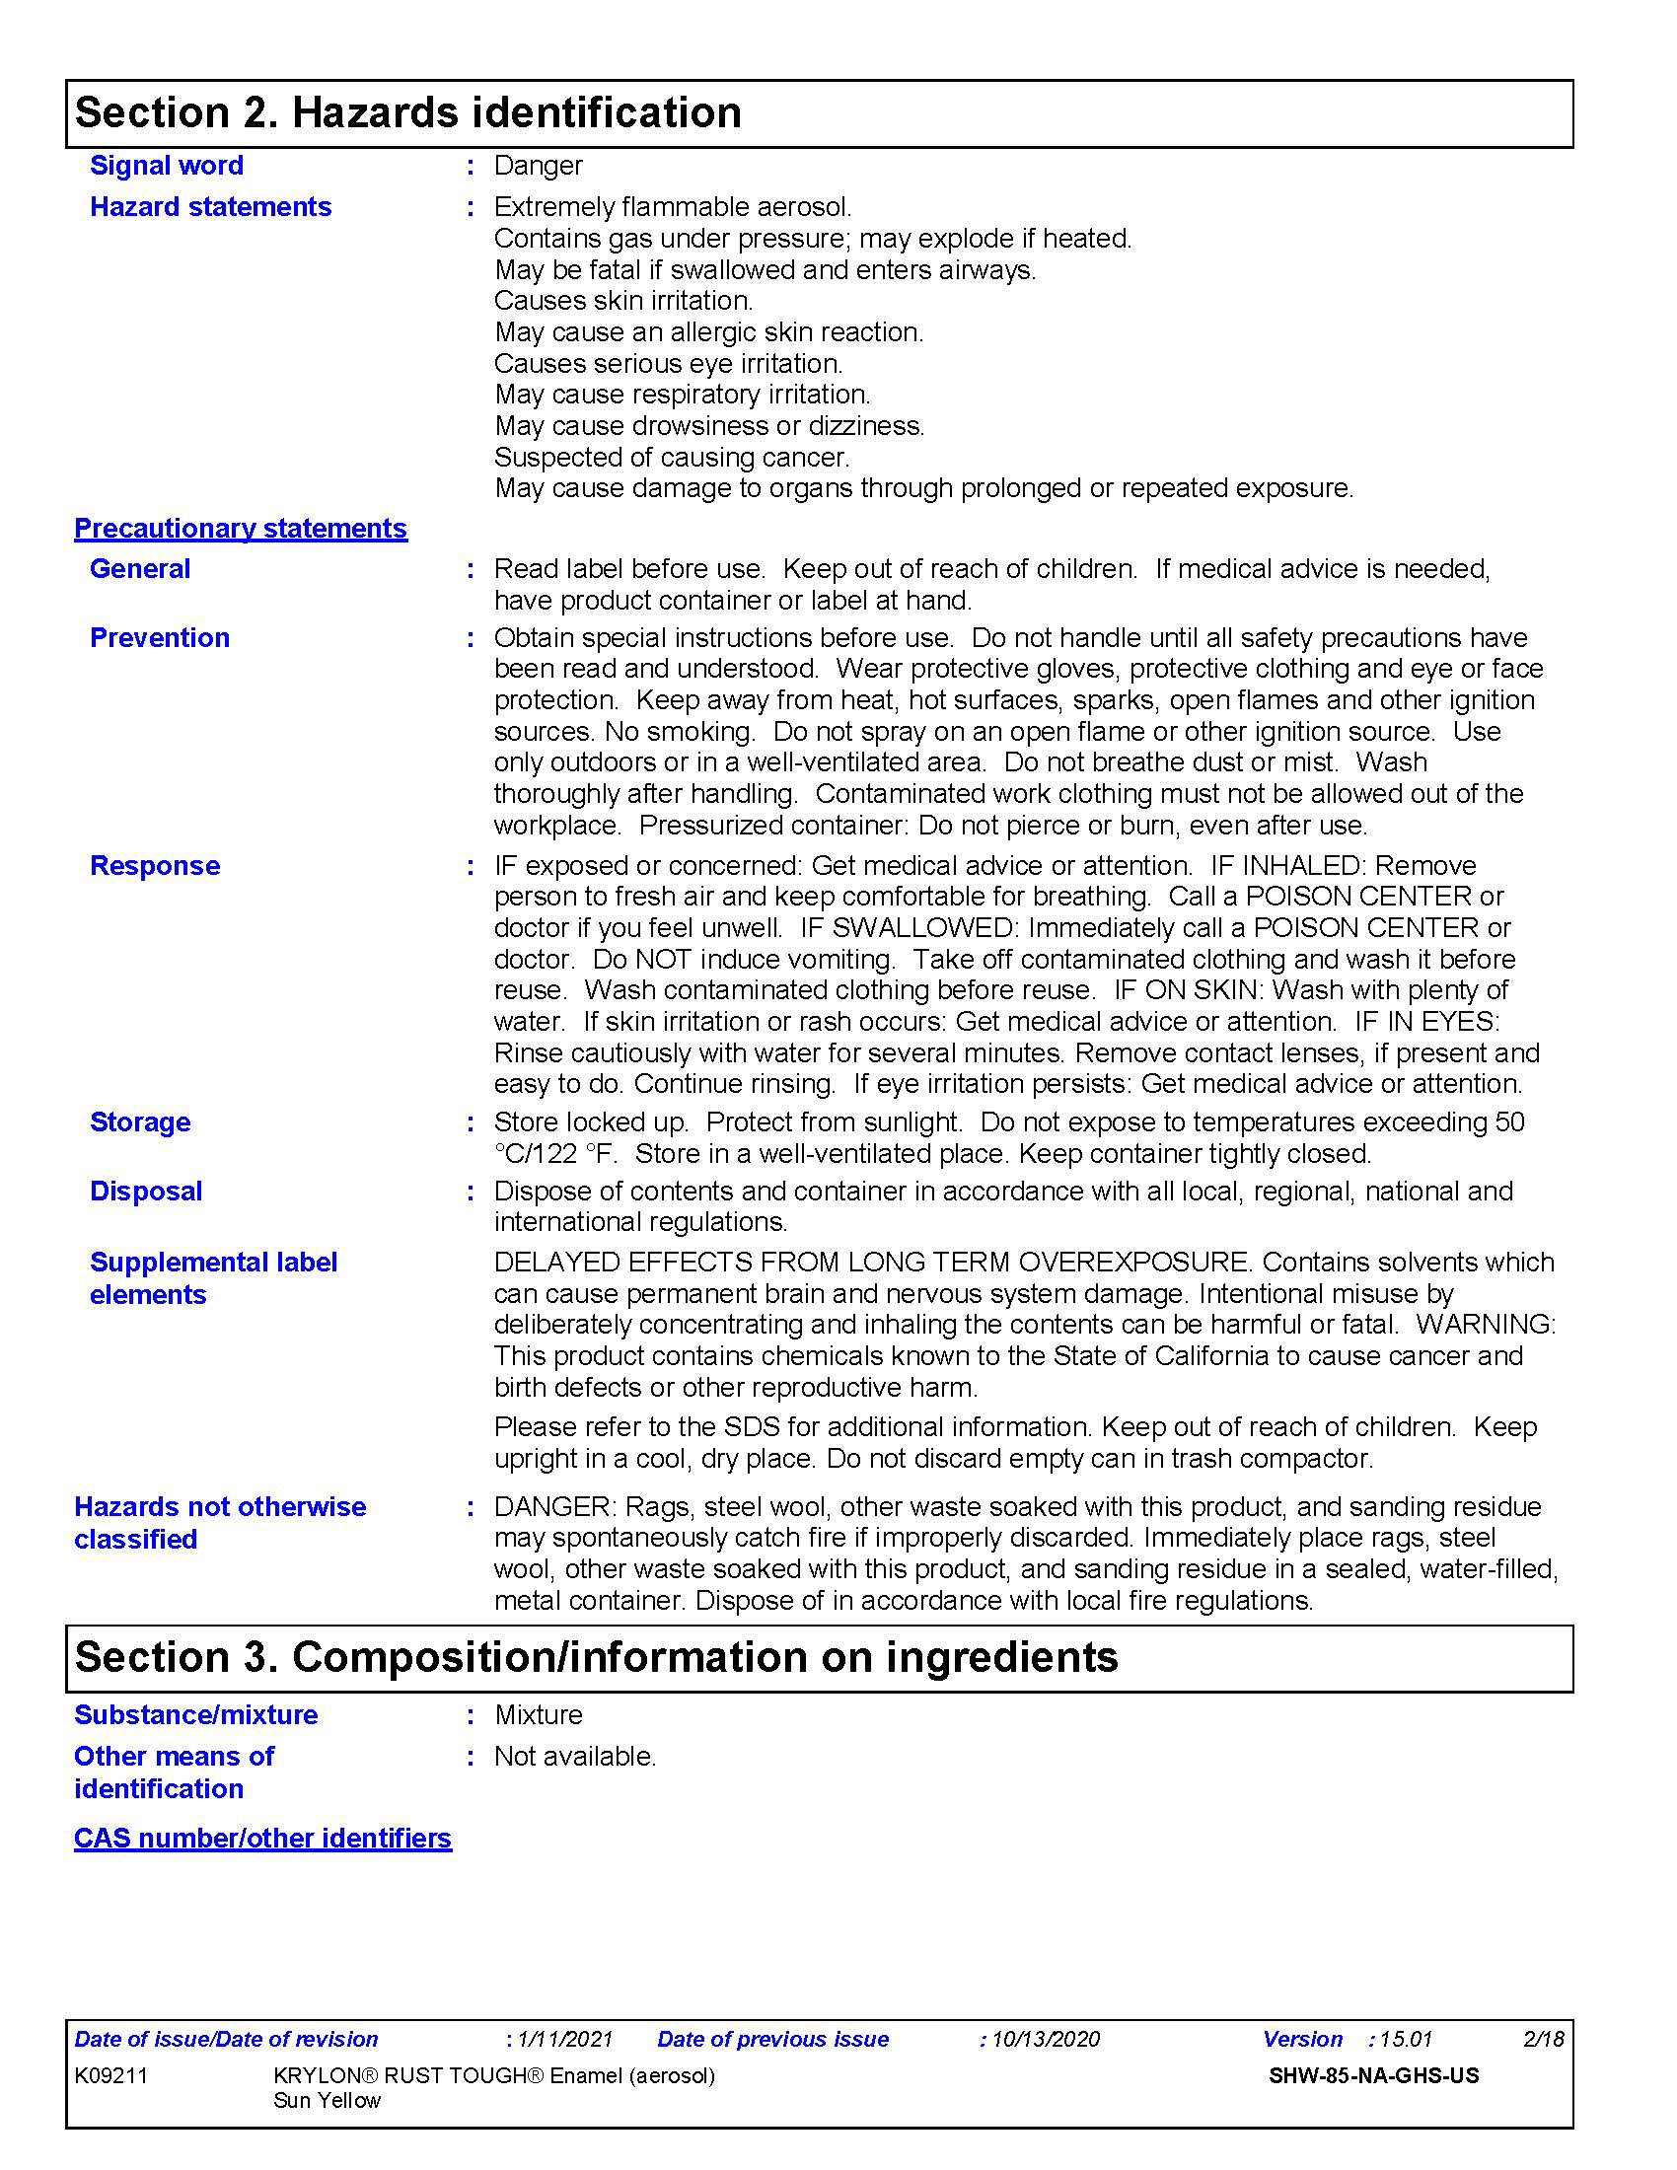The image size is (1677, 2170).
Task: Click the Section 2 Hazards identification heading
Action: point(408,112)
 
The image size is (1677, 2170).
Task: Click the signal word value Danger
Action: point(538,166)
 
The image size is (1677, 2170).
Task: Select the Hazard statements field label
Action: point(211,207)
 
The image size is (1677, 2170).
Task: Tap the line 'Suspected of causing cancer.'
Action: point(672,457)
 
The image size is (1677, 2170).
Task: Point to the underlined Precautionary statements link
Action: point(241,529)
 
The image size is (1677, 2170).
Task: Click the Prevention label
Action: point(160,638)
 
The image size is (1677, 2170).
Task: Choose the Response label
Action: point(155,865)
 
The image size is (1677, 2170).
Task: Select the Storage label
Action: point(140,1121)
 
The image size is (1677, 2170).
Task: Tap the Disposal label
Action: point(146,1192)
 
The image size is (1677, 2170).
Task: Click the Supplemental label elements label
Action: point(214,1277)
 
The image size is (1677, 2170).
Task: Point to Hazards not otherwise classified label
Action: point(220,1522)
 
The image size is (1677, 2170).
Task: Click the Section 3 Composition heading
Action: point(596,1657)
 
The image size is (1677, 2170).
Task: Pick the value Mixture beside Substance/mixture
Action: point(539,1715)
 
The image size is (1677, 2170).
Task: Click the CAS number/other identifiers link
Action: point(262,1839)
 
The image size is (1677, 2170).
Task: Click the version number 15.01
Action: point(1406,2040)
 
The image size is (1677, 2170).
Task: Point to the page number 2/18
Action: point(1543,2040)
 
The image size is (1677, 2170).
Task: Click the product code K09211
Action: point(111,2075)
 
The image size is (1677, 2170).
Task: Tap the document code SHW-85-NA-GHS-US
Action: point(1374,2075)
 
